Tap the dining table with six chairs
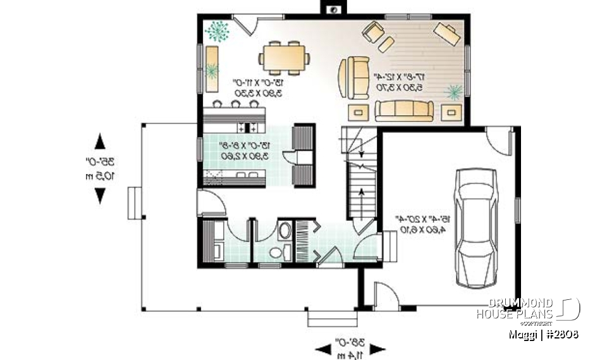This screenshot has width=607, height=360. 284,58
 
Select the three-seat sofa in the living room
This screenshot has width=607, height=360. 404,110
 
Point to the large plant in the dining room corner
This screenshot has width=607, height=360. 218,30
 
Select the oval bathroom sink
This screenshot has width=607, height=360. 285,230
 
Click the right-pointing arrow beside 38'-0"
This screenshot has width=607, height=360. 377,349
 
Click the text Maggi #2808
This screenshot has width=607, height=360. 543,334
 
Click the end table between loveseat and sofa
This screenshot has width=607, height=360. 360,111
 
